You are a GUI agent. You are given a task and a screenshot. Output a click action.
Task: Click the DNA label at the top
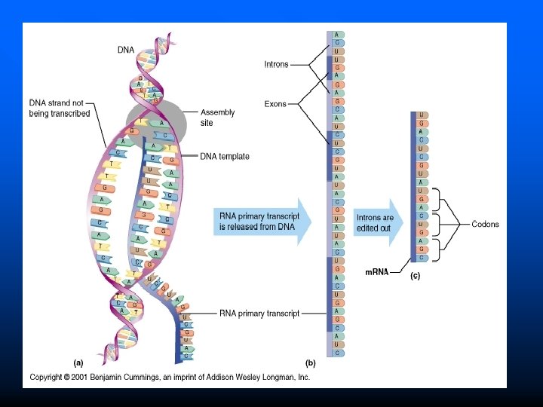(126, 50)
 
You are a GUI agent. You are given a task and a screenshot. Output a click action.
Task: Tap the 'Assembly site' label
(217, 117)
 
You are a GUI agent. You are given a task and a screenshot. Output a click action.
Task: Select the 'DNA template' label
(225, 157)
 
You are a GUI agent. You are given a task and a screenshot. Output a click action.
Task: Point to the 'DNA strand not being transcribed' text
(60, 108)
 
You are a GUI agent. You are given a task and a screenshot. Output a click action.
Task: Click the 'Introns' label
(276, 65)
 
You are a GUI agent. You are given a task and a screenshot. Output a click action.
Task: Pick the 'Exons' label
(275, 104)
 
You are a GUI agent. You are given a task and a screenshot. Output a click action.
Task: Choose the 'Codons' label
(485, 224)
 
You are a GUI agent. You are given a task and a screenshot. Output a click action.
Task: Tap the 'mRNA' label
(376, 273)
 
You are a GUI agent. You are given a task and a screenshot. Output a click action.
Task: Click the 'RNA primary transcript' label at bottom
(259, 313)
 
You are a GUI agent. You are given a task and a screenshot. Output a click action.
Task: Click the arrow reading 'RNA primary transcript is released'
(261, 222)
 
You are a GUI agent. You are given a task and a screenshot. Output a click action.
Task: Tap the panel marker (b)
(310, 363)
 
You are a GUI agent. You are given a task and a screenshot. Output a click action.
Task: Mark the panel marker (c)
(416, 276)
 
